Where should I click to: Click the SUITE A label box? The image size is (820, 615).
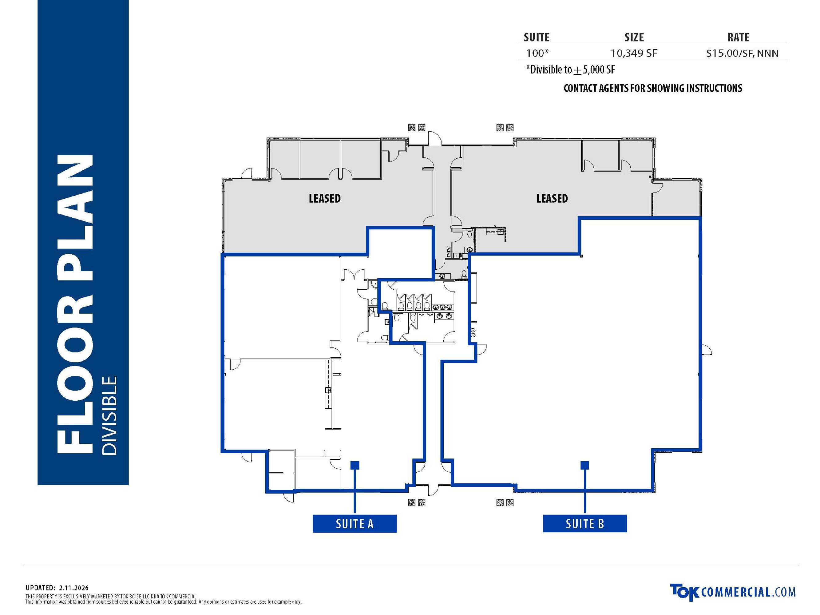point(355,523)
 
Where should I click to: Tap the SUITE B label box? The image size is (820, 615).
point(584,523)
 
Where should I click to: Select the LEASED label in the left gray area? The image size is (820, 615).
point(325,198)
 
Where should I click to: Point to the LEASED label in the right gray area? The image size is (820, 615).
point(552,198)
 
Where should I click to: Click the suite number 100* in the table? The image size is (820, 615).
point(537,53)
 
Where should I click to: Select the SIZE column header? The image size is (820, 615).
point(634,37)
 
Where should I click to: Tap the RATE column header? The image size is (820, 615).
point(739,37)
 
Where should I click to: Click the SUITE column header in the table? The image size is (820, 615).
point(537,37)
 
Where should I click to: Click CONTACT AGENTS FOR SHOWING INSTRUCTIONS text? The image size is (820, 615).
point(653,88)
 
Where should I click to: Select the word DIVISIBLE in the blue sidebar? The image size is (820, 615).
point(110,415)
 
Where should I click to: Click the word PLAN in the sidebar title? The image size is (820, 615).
point(75,218)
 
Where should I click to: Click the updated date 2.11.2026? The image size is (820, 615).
point(73,588)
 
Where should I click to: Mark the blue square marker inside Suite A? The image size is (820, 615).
point(355,465)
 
